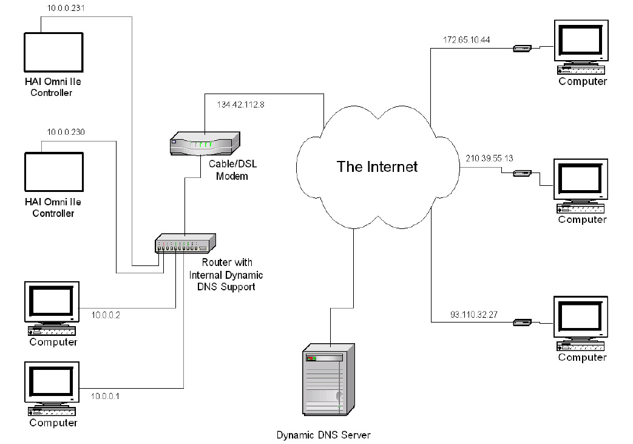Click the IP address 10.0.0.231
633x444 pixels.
click(66, 8)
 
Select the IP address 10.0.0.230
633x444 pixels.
click(66, 132)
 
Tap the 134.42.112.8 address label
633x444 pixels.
click(240, 104)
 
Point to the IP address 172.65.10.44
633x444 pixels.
click(466, 39)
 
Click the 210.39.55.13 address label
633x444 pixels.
click(489, 159)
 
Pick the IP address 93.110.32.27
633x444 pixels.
click(473, 314)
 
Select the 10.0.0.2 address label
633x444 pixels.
click(106, 315)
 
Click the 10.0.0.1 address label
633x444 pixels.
click(105, 397)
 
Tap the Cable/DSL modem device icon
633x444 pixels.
click(205, 143)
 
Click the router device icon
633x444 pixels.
click(185, 243)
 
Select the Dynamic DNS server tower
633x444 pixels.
click(328, 380)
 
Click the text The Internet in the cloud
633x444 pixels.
click(377, 167)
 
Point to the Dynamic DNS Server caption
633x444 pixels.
click(323, 435)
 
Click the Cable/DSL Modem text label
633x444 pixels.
click(232, 170)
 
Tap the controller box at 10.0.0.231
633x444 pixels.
click(53, 52)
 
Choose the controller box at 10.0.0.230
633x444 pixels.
click(54, 172)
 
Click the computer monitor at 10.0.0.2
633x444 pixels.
click(52, 302)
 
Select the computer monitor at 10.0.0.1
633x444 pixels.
click(52, 382)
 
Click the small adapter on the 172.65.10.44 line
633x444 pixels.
click(522, 49)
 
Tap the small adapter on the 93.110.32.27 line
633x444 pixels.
click(522, 323)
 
